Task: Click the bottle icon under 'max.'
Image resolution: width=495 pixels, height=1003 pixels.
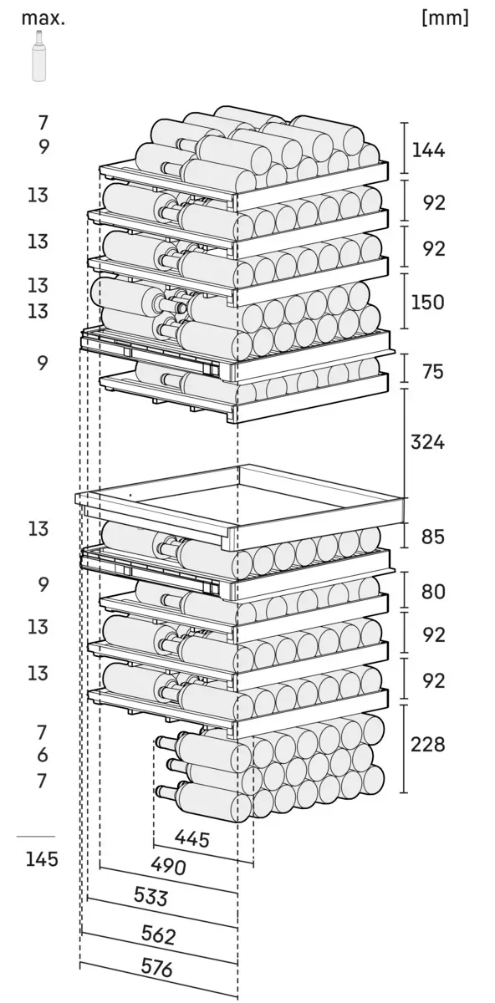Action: (x=39, y=56)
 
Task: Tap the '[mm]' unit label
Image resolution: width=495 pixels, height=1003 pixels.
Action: (x=446, y=18)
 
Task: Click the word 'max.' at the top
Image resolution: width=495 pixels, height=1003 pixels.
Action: (x=43, y=18)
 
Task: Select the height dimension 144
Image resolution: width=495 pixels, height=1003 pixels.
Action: (x=428, y=150)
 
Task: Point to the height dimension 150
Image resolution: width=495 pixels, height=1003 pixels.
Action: (x=428, y=302)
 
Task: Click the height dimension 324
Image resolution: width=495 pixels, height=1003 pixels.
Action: (x=428, y=442)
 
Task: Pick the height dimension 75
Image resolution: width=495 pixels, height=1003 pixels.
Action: (x=432, y=372)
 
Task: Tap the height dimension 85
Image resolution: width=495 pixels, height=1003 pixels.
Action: (x=432, y=536)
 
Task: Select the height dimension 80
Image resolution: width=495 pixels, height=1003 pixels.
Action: (x=433, y=592)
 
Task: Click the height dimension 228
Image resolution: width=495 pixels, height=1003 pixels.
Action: (x=428, y=744)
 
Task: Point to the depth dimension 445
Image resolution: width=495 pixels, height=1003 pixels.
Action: (x=192, y=838)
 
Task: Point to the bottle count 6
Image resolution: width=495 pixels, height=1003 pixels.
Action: (x=42, y=755)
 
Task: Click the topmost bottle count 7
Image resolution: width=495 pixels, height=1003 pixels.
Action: (x=43, y=123)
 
